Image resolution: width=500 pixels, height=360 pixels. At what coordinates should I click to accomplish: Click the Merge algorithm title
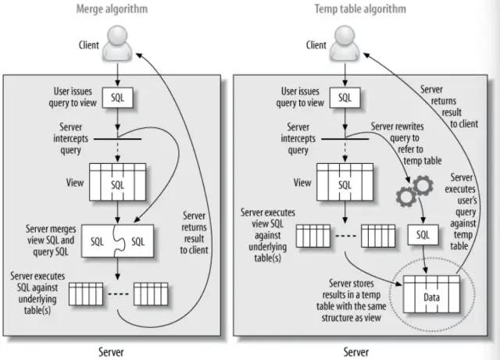pyautogui.click(x=112, y=9)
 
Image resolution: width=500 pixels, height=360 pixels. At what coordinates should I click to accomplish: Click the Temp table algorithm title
pyautogui.click(x=360, y=9)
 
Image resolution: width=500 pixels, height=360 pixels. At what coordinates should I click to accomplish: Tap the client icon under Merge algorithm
pyautogui.click(x=117, y=44)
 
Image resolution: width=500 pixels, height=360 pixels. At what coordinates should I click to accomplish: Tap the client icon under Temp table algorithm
pyautogui.click(x=345, y=44)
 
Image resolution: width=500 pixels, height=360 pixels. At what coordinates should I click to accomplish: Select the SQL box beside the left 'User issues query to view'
pyautogui.click(x=118, y=98)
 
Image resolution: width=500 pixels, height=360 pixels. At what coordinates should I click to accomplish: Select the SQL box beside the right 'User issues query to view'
pyautogui.click(x=345, y=98)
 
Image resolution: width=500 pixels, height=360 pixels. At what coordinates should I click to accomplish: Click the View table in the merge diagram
pyautogui.click(x=118, y=182)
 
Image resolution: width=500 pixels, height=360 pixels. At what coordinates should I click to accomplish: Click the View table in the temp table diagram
pyautogui.click(x=345, y=182)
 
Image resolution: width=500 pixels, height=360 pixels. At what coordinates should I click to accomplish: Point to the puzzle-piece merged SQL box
pyautogui.click(x=117, y=241)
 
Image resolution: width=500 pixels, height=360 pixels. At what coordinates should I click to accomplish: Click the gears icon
pyautogui.click(x=415, y=191)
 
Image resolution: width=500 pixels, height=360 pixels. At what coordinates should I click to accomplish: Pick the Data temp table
pyautogui.click(x=431, y=294)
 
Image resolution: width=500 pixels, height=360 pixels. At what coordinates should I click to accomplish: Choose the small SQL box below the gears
pyautogui.click(x=423, y=235)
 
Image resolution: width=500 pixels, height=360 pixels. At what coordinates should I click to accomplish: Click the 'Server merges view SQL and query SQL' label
pyautogui.click(x=51, y=241)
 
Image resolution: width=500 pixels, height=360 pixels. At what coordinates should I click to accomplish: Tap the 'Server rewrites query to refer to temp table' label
pyautogui.click(x=406, y=144)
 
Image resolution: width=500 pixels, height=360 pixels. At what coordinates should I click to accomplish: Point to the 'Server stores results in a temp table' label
pyautogui.click(x=351, y=301)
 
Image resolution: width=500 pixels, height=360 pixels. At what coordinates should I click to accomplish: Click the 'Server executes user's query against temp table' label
pyautogui.click(x=461, y=212)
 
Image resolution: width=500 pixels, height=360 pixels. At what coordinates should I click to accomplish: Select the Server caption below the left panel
pyautogui.click(x=111, y=351)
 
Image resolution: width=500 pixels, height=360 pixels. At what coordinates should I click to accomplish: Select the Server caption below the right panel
pyautogui.click(x=356, y=351)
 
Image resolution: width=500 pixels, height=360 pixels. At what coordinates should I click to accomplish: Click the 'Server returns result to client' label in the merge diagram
pyautogui.click(x=194, y=233)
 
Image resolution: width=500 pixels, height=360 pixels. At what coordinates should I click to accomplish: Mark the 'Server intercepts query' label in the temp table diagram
pyautogui.click(x=298, y=138)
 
